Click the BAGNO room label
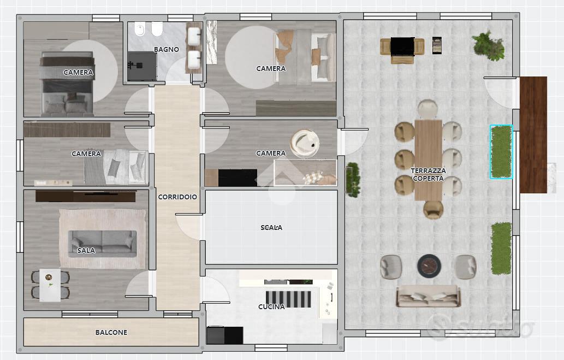(x=166, y=49)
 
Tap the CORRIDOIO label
(x=177, y=197)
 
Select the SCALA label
(x=271, y=227)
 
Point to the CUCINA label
(x=271, y=306)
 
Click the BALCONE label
(x=111, y=332)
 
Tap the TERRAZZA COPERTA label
(x=428, y=174)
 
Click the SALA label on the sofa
(x=86, y=250)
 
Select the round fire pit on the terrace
(x=429, y=266)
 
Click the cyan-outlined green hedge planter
(x=501, y=151)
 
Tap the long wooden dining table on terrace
(x=428, y=160)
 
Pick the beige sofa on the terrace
(x=428, y=296)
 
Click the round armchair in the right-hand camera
(x=305, y=144)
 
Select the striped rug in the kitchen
(x=288, y=299)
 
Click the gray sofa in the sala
(x=103, y=244)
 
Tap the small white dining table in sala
(x=50, y=285)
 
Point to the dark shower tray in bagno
(x=142, y=66)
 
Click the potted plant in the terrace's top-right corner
(x=489, y=45)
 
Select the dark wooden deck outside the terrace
(x=533, y=134)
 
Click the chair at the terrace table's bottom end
(x=433, y=209)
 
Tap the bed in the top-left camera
(x=68, y=84)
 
